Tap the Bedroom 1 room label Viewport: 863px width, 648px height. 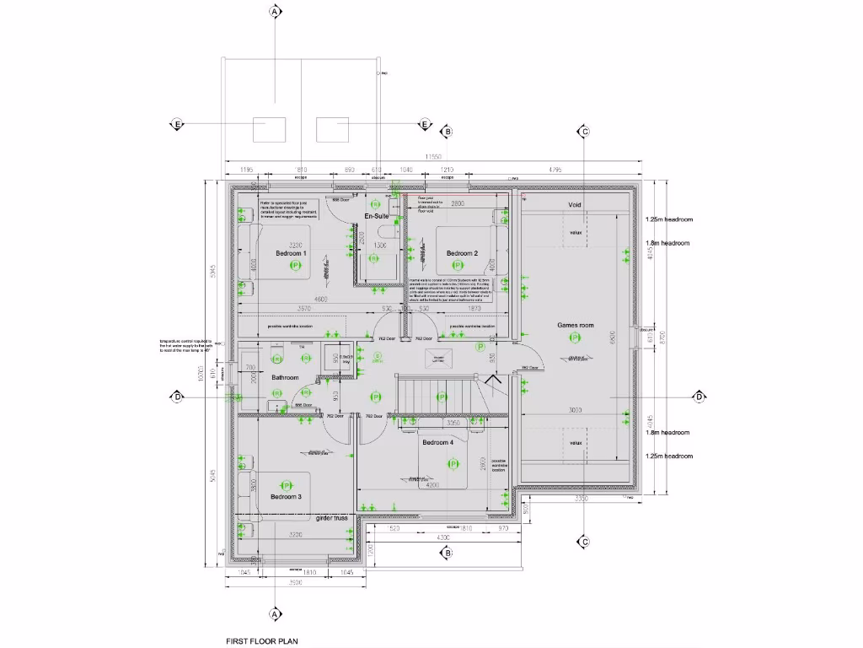291,253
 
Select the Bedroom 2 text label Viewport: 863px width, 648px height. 462,253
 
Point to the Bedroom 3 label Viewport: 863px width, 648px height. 286,497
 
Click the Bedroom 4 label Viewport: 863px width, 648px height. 438,443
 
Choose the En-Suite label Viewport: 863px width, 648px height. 375,217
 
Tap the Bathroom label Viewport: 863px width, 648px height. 285,377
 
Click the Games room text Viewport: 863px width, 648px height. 576,325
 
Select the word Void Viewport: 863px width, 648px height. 576,205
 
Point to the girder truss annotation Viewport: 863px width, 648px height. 333,518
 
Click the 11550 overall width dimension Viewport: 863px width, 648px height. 433,157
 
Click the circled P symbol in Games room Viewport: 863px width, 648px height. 576,337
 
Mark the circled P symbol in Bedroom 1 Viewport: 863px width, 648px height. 295,266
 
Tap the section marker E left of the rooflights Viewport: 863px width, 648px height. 177,124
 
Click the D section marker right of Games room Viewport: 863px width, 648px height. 699,397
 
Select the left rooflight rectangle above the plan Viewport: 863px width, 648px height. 272,130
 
